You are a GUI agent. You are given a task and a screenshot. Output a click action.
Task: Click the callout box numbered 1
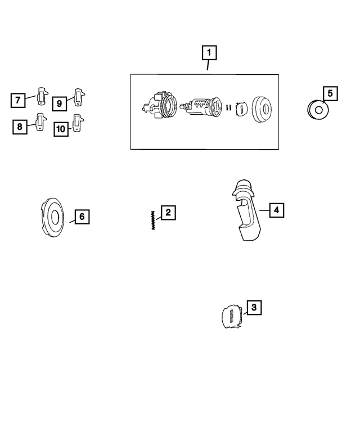[209, 54]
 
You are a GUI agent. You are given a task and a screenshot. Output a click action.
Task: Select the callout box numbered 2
[168, 213]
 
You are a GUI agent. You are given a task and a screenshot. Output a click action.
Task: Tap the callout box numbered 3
[254, 308]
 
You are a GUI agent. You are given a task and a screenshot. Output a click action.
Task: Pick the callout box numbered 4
[276, 210]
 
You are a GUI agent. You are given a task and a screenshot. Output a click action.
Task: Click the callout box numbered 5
[330, 93]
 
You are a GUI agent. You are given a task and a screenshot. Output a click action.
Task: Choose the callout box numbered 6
[81, 216]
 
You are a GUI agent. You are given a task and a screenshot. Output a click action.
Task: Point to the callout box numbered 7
[18, 101]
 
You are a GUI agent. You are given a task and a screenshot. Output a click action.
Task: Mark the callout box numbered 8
[20, 127]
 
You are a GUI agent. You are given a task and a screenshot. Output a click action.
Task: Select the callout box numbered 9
[59, 103]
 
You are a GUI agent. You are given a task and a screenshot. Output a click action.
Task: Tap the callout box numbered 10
[61, 129]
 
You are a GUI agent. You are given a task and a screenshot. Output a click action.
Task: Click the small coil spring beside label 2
[152, 219]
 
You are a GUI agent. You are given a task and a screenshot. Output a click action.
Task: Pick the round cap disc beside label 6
[55, 216]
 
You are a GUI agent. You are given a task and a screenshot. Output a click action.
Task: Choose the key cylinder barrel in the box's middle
[201, 106]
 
